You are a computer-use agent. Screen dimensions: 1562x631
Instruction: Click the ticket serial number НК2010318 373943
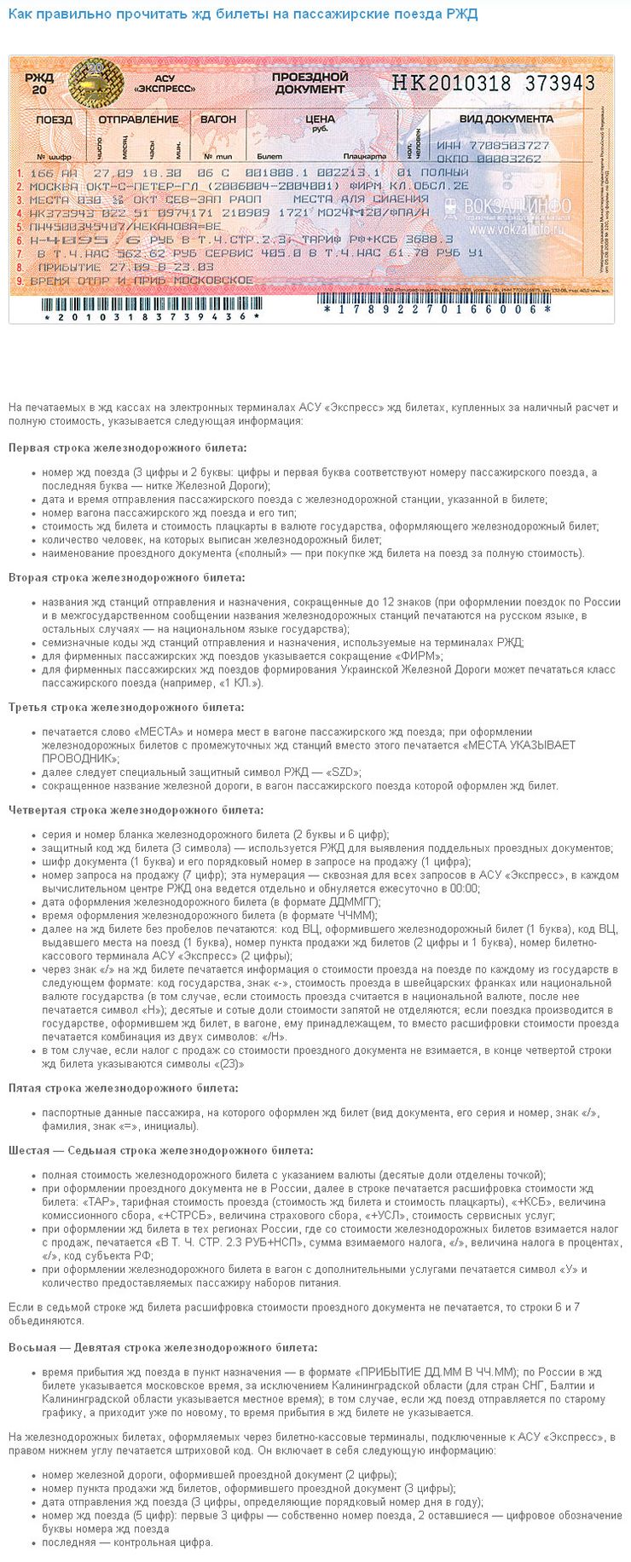(x=493, y=83)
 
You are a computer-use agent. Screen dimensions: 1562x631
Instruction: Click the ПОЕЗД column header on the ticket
(x=54, y=119)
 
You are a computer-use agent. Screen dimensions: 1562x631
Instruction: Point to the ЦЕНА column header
(x=320, y=119)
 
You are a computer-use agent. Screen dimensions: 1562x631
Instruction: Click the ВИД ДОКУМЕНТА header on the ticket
(x=507, y=119)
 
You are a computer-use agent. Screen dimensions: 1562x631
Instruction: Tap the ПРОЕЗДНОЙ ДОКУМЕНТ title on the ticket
(x=310, y=83)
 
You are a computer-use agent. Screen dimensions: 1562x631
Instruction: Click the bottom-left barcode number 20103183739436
(x=153, y=317)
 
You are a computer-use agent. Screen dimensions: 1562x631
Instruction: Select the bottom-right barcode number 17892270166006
(x=437, y=309)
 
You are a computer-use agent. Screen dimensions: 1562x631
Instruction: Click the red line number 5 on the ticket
(x=20, y=228)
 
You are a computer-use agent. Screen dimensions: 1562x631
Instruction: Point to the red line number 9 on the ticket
(x=20, y=280)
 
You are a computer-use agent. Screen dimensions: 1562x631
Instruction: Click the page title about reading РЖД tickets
(x=243, y=14)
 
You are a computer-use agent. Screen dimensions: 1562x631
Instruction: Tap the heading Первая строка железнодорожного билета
(x=128, y=448)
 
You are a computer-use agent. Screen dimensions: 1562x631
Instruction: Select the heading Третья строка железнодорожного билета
(x=126, y=707)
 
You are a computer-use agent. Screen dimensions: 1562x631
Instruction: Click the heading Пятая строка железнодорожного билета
(x=124, y=1088)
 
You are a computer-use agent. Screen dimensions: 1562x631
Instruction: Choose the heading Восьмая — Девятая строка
(x=162, y=1347)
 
